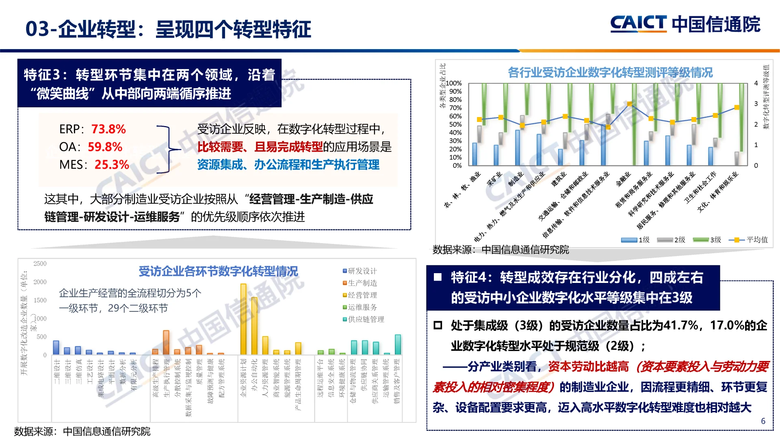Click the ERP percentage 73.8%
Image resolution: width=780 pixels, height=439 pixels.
tap(108, 129)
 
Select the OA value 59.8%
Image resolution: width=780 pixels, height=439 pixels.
tap(105, 147)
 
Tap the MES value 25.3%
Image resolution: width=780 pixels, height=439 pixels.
tap(112, 165)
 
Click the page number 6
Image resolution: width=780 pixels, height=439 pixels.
tap(763, 421)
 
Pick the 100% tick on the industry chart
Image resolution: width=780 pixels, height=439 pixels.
tap(454, 83)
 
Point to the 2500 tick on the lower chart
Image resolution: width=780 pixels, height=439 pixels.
tap(40, 264)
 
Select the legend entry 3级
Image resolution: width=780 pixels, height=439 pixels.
tap(715, 240)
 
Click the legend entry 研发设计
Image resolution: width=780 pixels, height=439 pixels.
tap(362, 271)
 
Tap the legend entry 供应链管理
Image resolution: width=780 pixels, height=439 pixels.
tap(366, 319)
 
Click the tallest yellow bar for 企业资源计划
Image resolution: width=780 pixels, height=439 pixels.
tap(243, 319)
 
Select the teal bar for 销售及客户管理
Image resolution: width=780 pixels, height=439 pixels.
tap(398, 344)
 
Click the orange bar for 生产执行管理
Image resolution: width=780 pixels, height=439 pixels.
tap(166, 342)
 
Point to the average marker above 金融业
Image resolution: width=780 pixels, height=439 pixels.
tap(629, 104)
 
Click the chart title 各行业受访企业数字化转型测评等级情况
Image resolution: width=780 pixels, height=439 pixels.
tap(610, 73)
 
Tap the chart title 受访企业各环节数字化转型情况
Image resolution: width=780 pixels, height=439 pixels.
tap(218, 271)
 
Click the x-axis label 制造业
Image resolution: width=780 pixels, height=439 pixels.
tap(516, 179)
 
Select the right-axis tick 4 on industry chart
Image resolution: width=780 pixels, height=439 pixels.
tap(756, 83)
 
